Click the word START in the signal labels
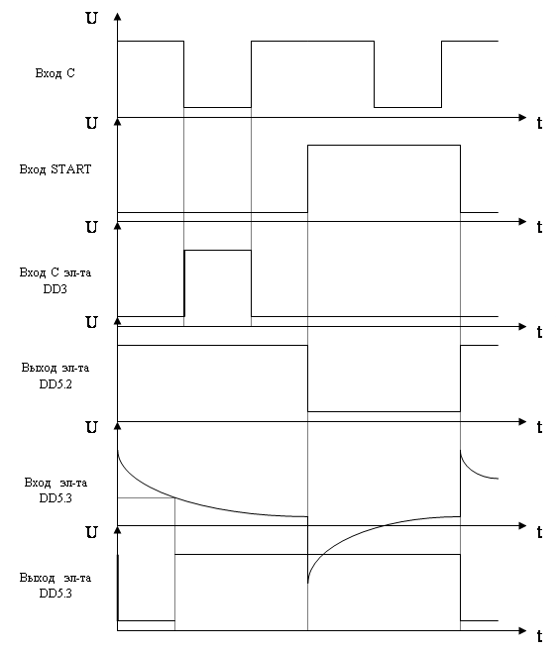click(x=70, y=169)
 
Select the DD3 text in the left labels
click(x=55, y=289)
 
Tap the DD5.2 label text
click(x=56, y=384)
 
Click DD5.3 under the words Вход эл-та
click(x=56, y=497)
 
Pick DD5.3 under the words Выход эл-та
click(x=56, y=593)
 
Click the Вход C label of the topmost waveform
click(x=55, y=73)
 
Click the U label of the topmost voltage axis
click(x=91, y=18)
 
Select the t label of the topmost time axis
click(x=539, y=123)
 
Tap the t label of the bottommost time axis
click(x=539, y=636)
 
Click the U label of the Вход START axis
click(x=91, y=124)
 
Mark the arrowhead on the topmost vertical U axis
click(x=118, y=17)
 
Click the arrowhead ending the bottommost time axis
click(x=523, y=631)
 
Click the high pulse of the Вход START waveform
click(x=384, y=145)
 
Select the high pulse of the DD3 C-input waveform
click(x=217, y=251)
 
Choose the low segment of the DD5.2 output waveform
click(x=384, y=411)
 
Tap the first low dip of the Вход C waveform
click(x=217, y=107)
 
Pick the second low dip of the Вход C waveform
click(x=407, y=107)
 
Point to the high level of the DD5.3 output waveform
click(x=318, y=554)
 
